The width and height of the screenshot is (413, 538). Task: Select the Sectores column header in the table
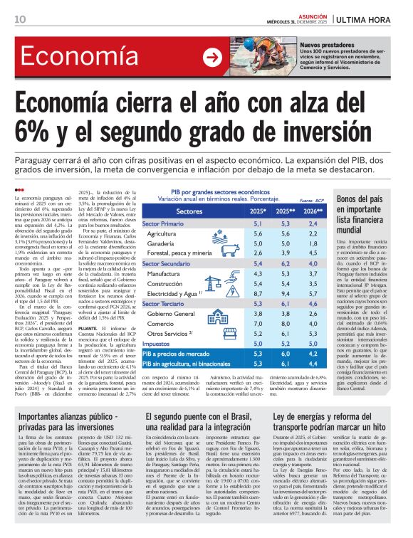click(189, 212)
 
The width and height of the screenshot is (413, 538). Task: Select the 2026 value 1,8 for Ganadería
click(310, 243)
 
